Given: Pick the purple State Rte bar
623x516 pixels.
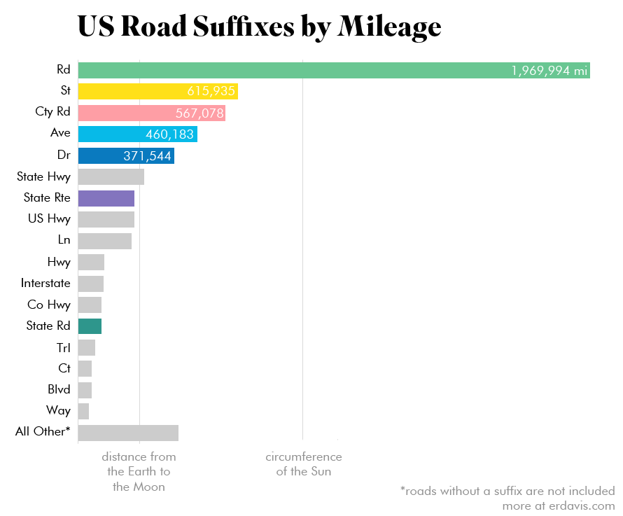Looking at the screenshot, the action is coord(106,198).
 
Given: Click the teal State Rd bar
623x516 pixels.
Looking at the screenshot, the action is coord(90,326).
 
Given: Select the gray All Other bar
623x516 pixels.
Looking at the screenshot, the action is coord(128,432).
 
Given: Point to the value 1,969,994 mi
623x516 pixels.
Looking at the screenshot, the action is coord(549,71).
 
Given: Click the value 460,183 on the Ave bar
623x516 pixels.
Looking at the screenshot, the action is coord(169,134).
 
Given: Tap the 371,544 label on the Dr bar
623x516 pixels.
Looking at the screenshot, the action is coord(147,156).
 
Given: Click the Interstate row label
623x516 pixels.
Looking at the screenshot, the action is coord(45,283).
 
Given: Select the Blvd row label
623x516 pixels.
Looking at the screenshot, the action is coord(59,389).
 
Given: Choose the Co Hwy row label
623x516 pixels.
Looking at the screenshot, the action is coord(49,305).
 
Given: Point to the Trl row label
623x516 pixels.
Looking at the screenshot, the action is coord(63,347).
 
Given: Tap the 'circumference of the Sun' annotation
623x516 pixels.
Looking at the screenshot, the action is coord(303,464).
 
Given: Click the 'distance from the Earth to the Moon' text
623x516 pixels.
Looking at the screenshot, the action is coord(139,471).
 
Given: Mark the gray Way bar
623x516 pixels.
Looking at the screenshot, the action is coord(83,411).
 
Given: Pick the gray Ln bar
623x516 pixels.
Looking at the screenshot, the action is coord(104,241).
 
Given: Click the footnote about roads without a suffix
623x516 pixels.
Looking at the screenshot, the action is coord(507,491).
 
